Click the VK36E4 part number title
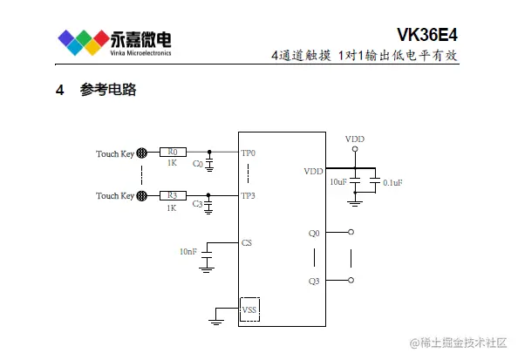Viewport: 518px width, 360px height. (426, 35)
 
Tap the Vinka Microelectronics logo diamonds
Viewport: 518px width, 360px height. (84, 42)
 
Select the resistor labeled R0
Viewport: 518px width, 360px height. (173, 152)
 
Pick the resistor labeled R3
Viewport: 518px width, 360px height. (173, 195)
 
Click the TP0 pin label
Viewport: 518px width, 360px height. (248, 153)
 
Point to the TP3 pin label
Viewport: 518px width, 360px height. (248, 196)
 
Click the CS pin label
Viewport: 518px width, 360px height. (247, 242)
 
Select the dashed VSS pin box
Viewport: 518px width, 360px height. (249, 309)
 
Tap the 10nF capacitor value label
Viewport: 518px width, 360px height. (188, 252)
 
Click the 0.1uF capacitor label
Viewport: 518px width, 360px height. (392, 183)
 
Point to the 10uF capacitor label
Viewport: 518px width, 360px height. (338, 182)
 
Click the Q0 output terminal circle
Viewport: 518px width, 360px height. (351, 232)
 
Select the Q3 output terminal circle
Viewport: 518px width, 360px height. (351, 280)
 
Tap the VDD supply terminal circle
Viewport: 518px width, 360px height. (355, 149)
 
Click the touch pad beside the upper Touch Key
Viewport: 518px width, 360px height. (142, 153)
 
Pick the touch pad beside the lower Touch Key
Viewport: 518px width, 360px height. (142, 195)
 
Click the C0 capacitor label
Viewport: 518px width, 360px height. (198, 164)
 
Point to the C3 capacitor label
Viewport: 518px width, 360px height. (197, 204)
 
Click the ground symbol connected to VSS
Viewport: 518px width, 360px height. (216, 322)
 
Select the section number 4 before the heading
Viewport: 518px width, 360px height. (60, 90)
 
